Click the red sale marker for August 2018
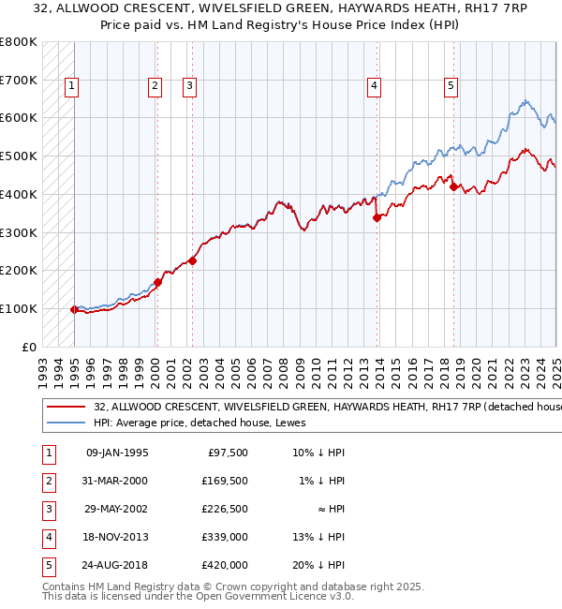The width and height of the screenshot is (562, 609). [x=453, y=186]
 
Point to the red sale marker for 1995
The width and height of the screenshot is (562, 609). [x=74, y=309]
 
